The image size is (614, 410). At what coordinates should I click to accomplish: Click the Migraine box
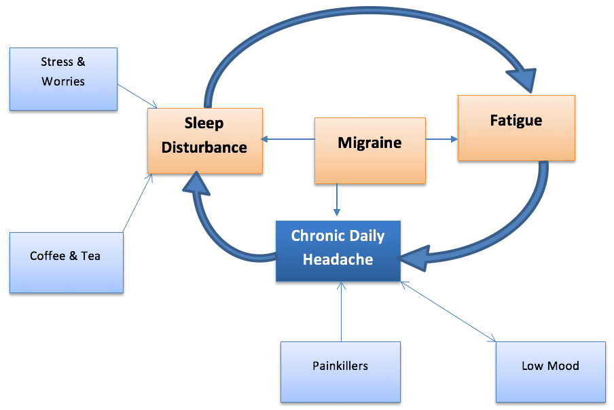(x=370, y=151)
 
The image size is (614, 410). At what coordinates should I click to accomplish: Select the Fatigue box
(x=516, y=128)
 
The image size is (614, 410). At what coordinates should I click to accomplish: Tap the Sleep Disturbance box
(x=204, y=141)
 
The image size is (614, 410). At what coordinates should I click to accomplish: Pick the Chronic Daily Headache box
(x=338, y=250)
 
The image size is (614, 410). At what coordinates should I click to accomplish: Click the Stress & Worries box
(x=63, y=79)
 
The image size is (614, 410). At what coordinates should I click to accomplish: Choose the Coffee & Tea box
(x=66, y=263)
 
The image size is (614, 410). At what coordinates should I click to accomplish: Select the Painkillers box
(x=340, y=372)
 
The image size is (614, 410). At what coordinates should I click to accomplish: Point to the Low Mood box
(x=550, y=372)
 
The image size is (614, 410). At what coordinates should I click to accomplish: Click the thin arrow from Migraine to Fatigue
(x=441, y=140)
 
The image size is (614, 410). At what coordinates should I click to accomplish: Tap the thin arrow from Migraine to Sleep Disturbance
(x=289, y=140)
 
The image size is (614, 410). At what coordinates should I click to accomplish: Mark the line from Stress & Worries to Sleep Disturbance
(x=138, y=96)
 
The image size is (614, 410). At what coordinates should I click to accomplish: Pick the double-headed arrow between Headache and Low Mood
(x=448, y=310)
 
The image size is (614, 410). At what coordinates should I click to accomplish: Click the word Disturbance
(x=204, y=147)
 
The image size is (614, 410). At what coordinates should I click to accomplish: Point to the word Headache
(x=338, y=259)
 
